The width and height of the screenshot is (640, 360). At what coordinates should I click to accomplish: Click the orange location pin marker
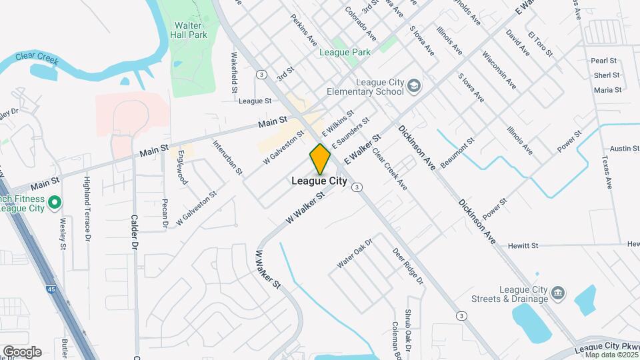point(320,159)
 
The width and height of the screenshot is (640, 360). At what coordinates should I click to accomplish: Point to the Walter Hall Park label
point(189,30)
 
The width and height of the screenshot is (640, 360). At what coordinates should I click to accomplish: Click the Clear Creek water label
point(33,58)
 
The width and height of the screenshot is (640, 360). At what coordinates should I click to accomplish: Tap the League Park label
point(345,52)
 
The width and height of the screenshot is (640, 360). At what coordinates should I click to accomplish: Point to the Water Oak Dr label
point(353,255)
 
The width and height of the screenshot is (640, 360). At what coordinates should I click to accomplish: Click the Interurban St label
point(227,157)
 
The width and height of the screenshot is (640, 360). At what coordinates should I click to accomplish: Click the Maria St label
point(607,89)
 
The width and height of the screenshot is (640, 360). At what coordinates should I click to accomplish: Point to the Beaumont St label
point(457,152)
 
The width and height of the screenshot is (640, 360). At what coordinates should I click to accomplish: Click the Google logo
point(22,352)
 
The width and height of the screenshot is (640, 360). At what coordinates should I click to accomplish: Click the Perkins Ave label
point(303,30)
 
